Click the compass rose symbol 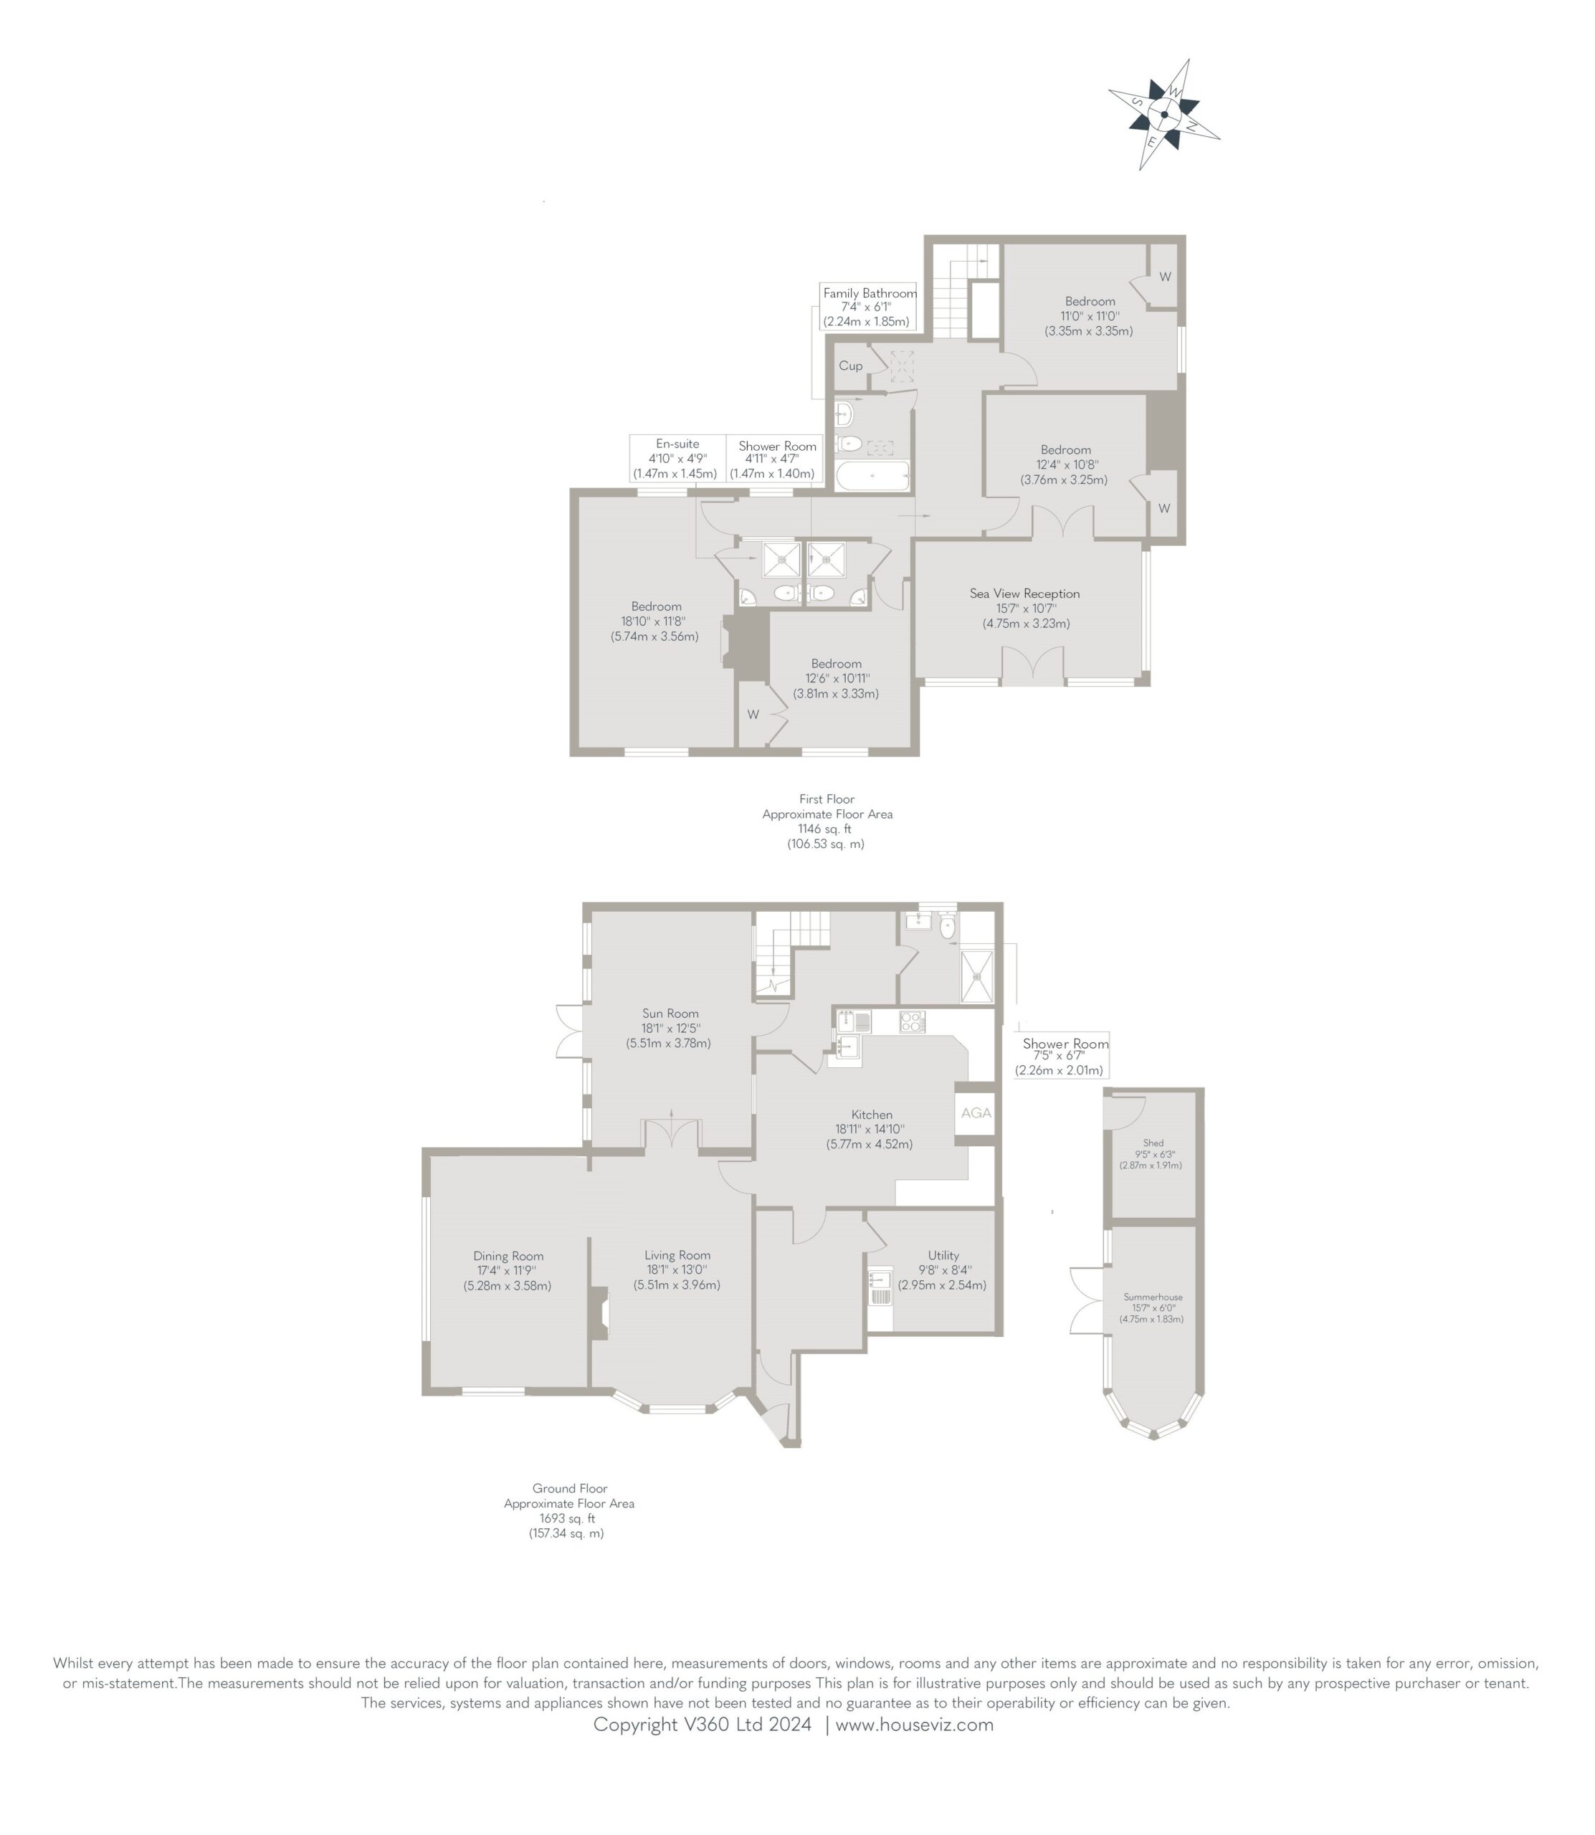coord(1163,114)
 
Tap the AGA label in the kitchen coord(976,1112)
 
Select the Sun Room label coord(670,1013)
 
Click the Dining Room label coord(508,1256)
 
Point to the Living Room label coord(677,1255)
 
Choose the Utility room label coord(943,1255)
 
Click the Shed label coord(1153,1143)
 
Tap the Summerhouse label coord(1153,1297)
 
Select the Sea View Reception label coord(1024,594)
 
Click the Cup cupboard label coord(850,366)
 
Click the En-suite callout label coord(677,443)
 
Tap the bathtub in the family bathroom coord(872,475)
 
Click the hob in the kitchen coord(913,1021)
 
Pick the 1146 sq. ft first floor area coord(825,829)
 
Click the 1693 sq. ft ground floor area coord(567,1518)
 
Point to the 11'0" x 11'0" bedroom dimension coord(1090,316)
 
